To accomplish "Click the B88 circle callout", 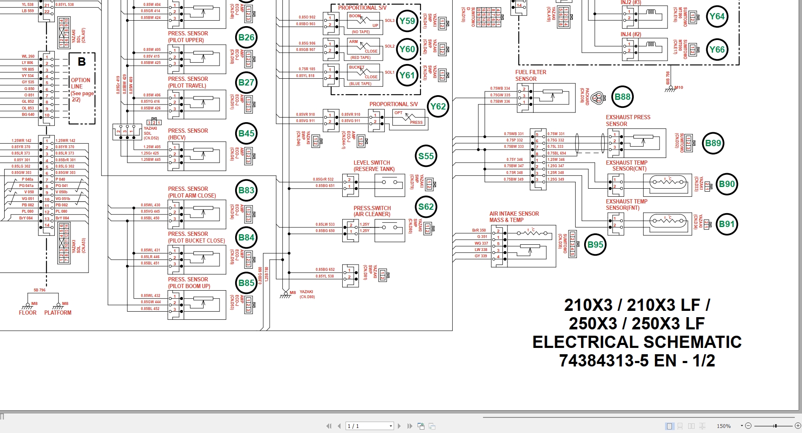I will [622, 97].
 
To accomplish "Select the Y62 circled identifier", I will [438, 107].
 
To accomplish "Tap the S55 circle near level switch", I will [426, 156].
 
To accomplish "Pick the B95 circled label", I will [595, 245].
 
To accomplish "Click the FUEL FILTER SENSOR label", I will [531, 75].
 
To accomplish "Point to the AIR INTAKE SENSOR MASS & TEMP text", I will [514, 217].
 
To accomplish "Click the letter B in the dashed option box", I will [82, 62].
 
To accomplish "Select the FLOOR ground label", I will [27, 313].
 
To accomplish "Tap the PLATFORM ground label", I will [58, 313].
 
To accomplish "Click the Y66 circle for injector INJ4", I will [716, 50].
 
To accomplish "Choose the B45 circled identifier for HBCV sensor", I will [246, 134].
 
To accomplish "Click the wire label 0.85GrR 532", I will [323, 179].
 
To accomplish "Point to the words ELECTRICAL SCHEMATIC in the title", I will [636, 342].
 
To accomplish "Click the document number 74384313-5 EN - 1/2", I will [636, 361].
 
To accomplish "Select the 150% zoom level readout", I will [724, 426].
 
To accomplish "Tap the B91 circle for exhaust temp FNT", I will [727, 224].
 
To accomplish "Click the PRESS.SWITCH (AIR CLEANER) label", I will [372, 211].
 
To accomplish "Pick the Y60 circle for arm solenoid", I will [407, 49].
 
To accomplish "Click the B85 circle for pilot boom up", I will [246, 283].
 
